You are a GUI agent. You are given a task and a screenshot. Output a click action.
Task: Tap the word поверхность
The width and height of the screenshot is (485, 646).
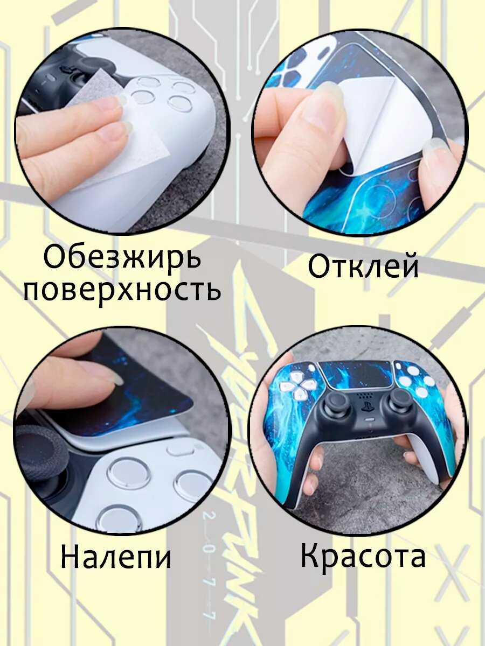click(122, 290)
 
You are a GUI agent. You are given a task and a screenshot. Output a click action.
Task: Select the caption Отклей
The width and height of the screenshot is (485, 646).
click(363, 267)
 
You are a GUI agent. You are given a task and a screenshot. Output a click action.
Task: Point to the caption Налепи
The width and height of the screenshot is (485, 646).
click(116, 558)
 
